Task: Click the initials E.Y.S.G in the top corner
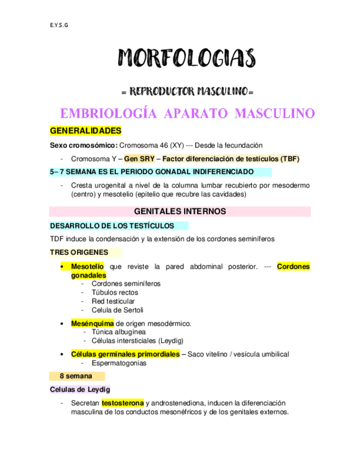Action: [55, 24]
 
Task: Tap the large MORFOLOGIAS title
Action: [187, 58]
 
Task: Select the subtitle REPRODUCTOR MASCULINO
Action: [187, 90]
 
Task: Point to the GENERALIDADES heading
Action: [85, 131]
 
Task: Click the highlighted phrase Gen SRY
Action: [139, 158]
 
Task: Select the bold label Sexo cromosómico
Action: [84, 145]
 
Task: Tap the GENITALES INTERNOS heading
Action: [180, 211]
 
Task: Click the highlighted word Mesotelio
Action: [87, 267]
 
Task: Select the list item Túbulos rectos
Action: [115, 292]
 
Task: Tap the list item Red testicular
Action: [113, 301]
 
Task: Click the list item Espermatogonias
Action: [119, 363]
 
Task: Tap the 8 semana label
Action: [79, 376]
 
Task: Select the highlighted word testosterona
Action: [123, 403]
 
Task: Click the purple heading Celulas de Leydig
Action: [80, 389]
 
